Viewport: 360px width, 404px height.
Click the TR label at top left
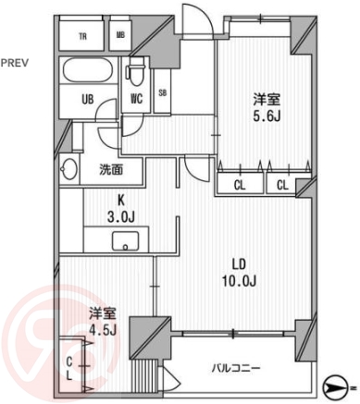pos(83,36)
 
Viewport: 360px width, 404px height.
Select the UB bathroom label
pos(88,98)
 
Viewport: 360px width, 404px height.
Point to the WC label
pos(136,98)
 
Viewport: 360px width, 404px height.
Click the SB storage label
pos(163,92)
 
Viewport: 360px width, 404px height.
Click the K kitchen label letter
pos(121,198)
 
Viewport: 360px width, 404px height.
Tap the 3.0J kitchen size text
pos(121,216)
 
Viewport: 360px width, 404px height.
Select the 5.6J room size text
pos(265,119)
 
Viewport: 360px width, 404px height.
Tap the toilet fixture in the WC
pos(135,71)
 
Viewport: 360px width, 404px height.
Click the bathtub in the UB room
pos(86,70)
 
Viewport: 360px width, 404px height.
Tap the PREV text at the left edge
pos(14,63)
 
